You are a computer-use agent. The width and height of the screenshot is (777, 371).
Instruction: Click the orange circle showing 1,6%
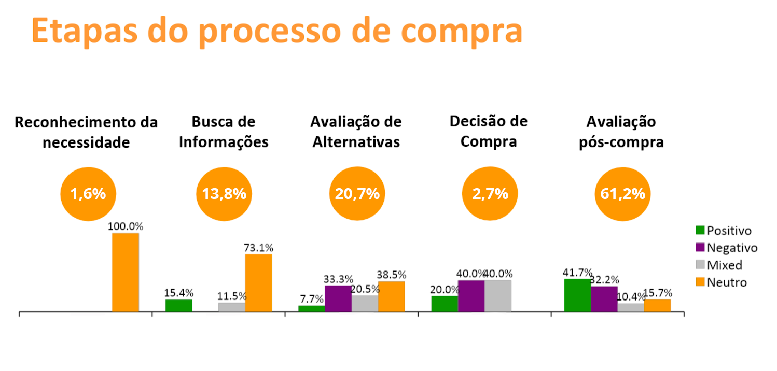point(88,194)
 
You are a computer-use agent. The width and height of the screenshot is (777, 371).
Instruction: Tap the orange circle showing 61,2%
point(622,194)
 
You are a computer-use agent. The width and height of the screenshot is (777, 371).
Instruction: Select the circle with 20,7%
point(357,194)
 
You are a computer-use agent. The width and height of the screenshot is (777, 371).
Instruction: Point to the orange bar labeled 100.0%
point(126,272)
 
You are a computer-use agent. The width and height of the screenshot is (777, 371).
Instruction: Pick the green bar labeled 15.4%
point(178,305)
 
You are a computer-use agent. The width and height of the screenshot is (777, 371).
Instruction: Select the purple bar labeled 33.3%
point(338,298)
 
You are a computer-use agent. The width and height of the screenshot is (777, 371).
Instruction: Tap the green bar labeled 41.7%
point(577,295)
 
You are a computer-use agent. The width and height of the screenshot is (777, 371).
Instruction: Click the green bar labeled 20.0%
point(445,304)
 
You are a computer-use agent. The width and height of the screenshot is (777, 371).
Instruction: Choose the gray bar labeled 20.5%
point(365,303)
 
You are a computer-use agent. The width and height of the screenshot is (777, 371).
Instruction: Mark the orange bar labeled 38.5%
point(391,296)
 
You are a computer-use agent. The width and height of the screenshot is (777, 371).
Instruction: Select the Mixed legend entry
point(719,265)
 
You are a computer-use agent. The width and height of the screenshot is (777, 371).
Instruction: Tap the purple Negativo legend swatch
point(700,248)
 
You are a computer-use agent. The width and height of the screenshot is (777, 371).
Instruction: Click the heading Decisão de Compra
point(489,132)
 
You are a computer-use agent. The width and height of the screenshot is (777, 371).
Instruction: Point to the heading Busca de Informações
point(224,132)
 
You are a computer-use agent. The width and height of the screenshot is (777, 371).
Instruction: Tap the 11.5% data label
point(232,297)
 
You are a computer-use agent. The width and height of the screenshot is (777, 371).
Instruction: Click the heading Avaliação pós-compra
point(621,132)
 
